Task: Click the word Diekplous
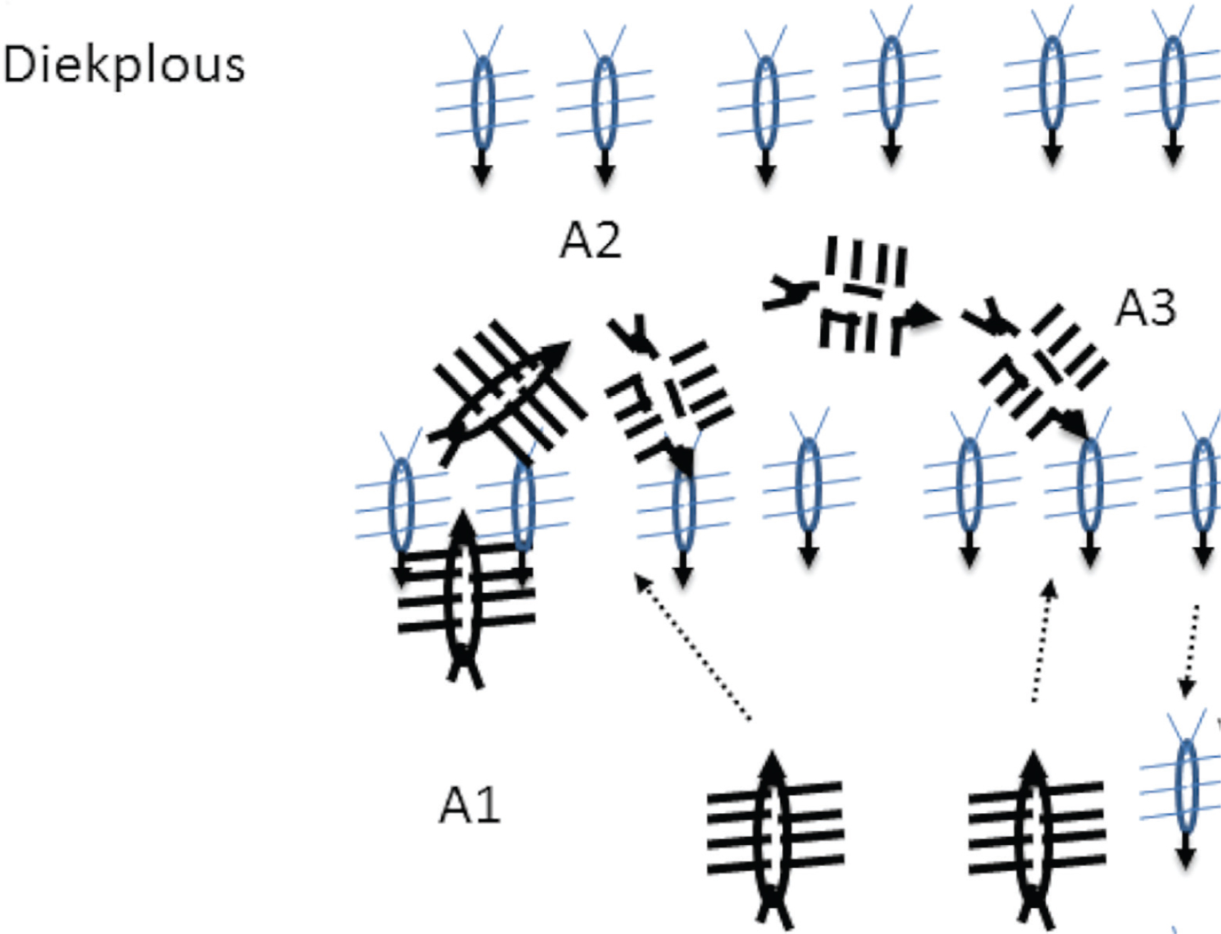(x=124, y=65)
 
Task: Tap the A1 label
(x=470, y=806)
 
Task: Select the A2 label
(x=590, y=240)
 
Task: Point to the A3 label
(x=1146, y=308)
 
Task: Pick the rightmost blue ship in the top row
(x=1173, y=85)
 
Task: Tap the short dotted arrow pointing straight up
(x=1042, y=641)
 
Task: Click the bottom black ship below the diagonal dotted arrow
(x=775, y=839)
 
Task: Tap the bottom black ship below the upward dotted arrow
(x=1036, y=839)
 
